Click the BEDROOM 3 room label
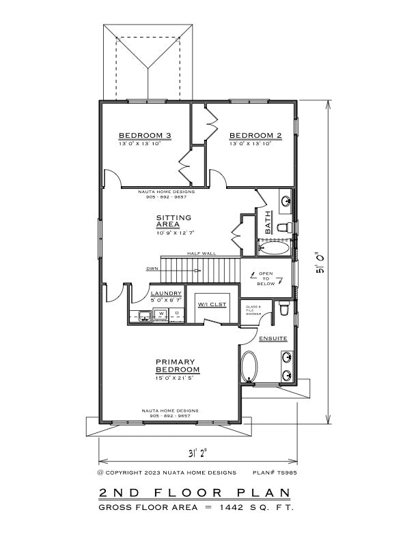click(144, 135)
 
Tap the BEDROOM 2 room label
click(255, 135)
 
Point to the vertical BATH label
click(268, 223)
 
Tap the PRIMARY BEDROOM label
click(176, 365)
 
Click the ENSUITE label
click(273, 338)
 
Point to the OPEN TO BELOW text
click(266, 279)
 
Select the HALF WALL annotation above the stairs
click(202, 253)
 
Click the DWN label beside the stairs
click(152, 269)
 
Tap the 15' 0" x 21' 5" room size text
click(176, 377)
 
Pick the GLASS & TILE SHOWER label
click(253, 310)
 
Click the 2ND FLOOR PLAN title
click(194, 493)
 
